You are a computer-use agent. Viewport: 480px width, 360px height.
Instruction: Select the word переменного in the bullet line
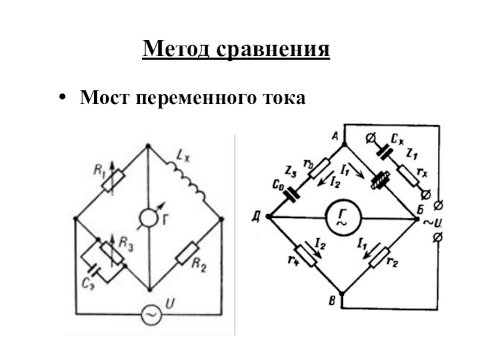click(199, 96)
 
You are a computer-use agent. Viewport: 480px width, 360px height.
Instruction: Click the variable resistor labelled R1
click(112, 181)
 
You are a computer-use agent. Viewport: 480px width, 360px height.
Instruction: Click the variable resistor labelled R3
click(112, 253)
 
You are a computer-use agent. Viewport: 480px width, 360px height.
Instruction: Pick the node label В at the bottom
click(331, 300)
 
